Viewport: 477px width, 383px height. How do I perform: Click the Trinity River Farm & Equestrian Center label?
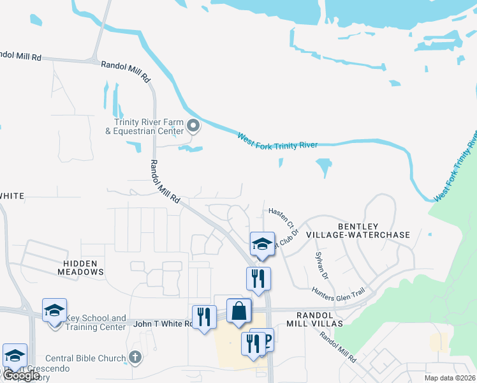(x=149, y=126)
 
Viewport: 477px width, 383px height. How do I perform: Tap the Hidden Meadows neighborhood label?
(x=84, y=267)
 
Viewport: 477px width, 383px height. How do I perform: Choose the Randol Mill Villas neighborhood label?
(x=319, y=319)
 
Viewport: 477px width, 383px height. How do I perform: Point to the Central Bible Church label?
(x=85, y=358)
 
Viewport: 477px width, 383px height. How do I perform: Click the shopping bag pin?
(x=238, y=311)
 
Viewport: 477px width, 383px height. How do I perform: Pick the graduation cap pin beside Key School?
(x=55, y=311)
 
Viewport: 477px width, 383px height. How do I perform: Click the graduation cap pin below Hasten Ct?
(x=261, y=244)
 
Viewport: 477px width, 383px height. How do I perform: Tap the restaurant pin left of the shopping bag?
(x=204, y=317)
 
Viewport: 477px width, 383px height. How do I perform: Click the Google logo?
(x=21, y=375)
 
